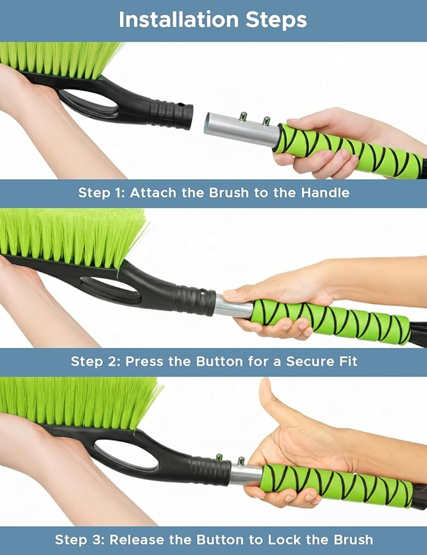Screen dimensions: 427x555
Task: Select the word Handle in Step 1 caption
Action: pos(325,193)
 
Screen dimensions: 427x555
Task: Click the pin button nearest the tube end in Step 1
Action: pos(243,116)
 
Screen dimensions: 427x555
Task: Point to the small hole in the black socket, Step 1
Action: pos(181,105)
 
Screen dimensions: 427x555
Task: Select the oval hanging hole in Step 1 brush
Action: pos(88,102)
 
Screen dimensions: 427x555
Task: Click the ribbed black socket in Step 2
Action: pos(195,300)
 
